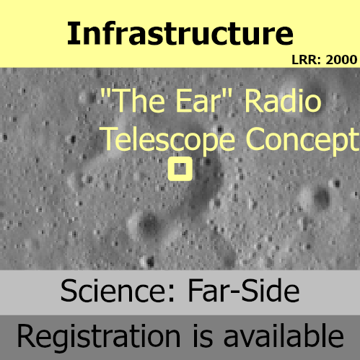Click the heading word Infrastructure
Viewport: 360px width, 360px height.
180,33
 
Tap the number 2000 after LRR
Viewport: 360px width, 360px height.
341,60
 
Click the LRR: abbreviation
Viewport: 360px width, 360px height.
307,60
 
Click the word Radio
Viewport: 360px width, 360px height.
283,100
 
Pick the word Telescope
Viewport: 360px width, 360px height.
167,139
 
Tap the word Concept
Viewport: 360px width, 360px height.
302,139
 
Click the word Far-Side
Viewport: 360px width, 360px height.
244,290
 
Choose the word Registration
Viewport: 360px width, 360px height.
99,336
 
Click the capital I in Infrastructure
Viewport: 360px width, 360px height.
71,33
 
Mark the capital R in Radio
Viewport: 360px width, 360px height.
253,100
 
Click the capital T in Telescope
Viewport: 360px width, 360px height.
110,139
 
